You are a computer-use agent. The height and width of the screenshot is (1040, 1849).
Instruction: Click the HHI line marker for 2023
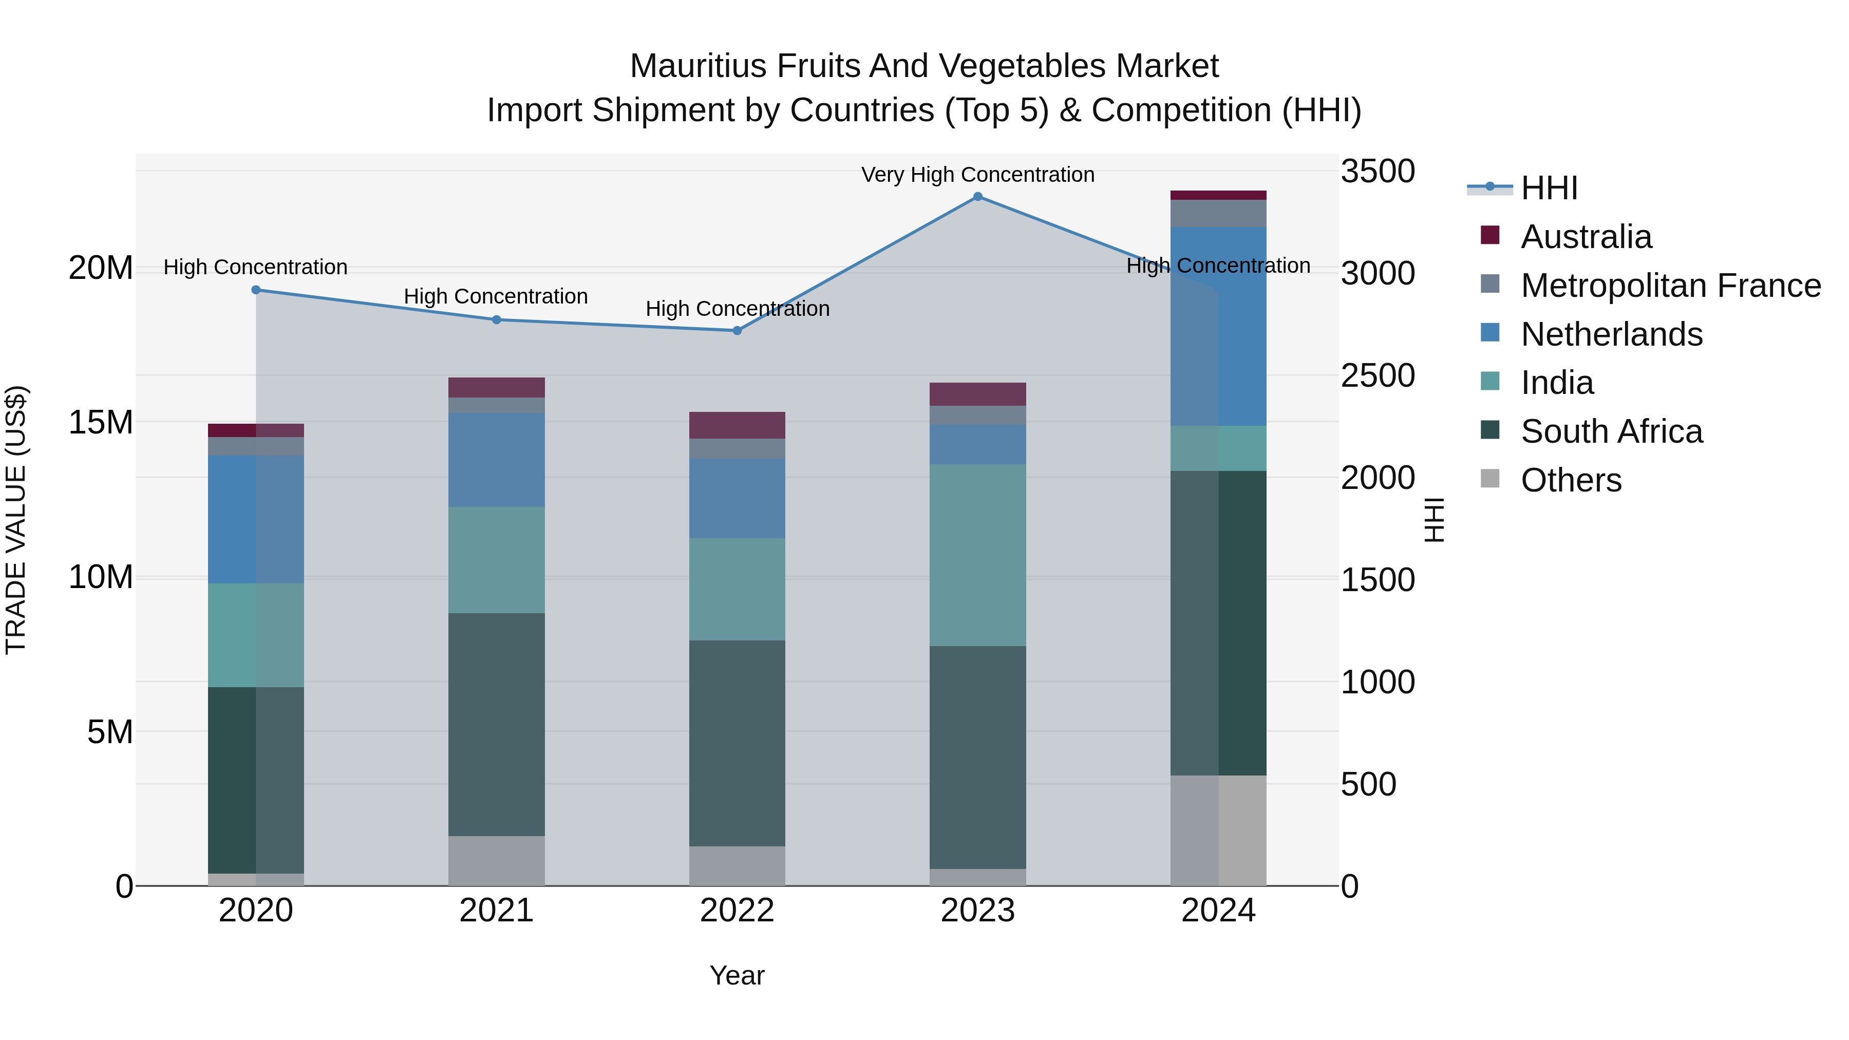pos(977,197)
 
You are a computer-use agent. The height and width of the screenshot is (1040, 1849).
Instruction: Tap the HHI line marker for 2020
pos(256,290)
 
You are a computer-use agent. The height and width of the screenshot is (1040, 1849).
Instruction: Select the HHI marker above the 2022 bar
pos(737,331)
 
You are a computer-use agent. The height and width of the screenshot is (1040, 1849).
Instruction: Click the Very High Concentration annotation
pos(977,175)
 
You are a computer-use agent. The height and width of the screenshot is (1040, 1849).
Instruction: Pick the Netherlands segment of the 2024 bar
pos(1218,327)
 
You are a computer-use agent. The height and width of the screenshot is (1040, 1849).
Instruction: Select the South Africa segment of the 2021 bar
pos(497,724)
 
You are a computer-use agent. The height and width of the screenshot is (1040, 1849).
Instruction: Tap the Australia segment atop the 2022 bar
pos(737,425)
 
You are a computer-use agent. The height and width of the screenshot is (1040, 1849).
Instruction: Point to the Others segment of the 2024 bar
pos(1218,830)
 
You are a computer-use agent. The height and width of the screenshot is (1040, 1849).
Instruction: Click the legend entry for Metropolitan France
pos(1670,286)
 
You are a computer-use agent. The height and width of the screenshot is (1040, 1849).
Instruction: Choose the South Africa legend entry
pos(1611,431)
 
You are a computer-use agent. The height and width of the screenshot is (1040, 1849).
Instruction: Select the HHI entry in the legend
pos(1549,188)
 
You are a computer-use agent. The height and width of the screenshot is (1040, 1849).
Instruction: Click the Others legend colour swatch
pos(1490,479)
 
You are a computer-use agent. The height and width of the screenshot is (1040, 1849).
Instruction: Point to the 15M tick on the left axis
pos(101,422)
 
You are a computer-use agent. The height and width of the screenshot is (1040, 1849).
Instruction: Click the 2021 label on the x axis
pos(497,911)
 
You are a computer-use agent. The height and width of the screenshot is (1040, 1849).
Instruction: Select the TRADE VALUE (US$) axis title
pos(16,520)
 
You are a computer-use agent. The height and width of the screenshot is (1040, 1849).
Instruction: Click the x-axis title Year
pos(737,975)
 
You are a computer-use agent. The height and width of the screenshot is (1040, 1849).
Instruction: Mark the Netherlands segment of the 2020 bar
pos(256,520)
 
